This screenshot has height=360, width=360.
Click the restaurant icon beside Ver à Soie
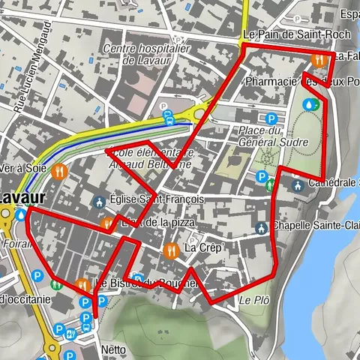[x=61, y=170]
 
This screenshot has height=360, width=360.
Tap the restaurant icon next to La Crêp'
[x=172, y=248]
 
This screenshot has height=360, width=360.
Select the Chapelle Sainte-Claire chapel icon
[x=261, y=227]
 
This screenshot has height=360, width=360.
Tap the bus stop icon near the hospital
[x=169, y=116]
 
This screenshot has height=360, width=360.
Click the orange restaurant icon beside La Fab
[x=319, y=59]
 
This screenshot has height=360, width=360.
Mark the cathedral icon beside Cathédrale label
[x=297, y=184]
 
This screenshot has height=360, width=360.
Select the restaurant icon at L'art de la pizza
[x=107, y=223]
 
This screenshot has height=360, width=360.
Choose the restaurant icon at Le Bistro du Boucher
[x=81, y=284]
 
